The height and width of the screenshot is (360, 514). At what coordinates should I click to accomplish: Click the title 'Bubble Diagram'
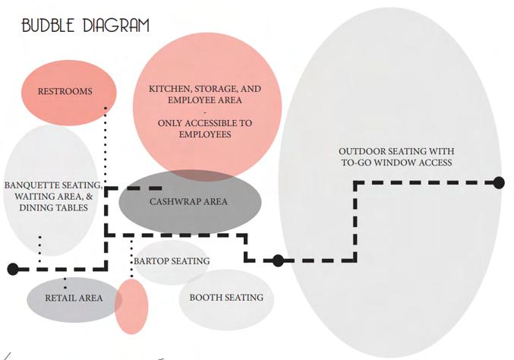point(85,25)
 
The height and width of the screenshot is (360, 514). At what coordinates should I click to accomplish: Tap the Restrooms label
point(65,92)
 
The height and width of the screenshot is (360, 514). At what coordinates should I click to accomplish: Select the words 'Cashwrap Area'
point(188,202)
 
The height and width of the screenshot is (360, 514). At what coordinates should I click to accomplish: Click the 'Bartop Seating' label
point(172,261)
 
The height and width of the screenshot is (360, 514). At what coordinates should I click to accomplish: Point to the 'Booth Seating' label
point(226,298)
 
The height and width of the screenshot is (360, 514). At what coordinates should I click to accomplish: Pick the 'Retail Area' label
point(74,298)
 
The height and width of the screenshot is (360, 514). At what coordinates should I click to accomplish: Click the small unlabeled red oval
point(131,306)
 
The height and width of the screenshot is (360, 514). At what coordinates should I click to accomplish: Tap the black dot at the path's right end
point(499,182)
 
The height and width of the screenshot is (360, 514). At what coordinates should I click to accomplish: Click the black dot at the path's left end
point(12,269)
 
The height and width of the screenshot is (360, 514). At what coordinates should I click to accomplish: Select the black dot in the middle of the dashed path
point(278,261)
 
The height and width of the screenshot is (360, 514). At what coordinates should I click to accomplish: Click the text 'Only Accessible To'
point(205,123)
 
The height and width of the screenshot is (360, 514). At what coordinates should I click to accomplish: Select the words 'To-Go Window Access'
point(396,163)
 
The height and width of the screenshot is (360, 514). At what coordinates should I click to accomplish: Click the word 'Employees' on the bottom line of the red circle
point(205,134)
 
